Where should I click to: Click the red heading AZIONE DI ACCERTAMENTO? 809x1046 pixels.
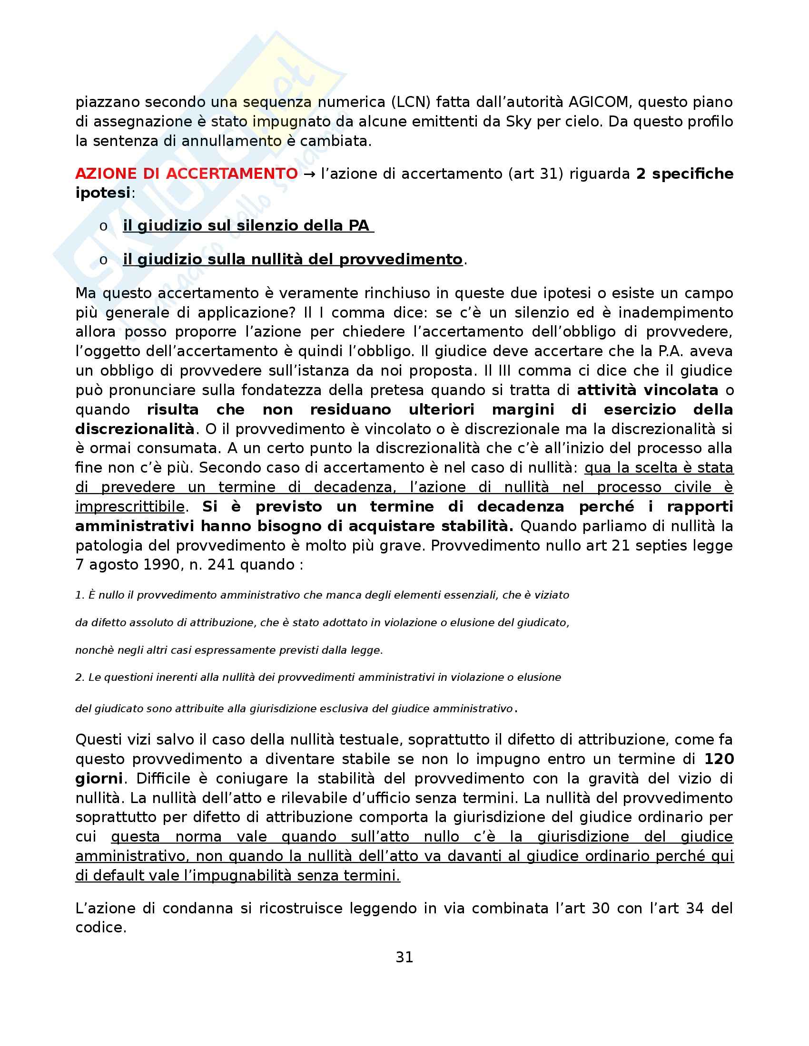[x=187, y=174]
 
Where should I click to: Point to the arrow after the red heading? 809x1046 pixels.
[x=310, y=174]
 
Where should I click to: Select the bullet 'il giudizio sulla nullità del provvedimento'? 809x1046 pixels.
[x=292, y=259]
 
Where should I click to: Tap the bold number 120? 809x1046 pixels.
[x=719, y=759]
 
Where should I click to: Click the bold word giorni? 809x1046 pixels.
[x=99, y=778]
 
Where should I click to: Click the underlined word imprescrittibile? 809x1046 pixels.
[x=130, y=506]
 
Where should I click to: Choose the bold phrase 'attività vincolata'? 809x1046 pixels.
[x=648, y=390]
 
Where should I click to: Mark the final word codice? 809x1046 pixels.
[x=100, y=927]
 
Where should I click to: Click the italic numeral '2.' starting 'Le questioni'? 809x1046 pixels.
[x=79, y=677]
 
